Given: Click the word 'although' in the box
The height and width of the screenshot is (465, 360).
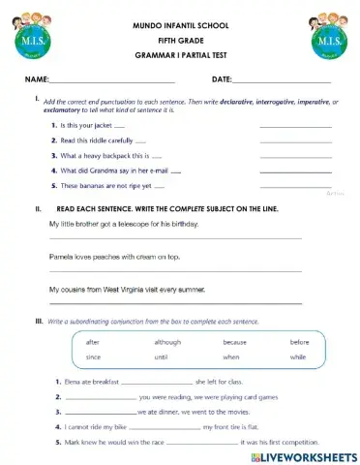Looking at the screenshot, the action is pos(167,342).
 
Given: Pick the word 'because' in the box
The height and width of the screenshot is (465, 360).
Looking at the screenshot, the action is pos(234,342).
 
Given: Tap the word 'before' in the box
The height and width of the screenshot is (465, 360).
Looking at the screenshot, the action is pos(299,342).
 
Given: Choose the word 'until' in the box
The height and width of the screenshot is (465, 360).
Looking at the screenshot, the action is pos(162,357).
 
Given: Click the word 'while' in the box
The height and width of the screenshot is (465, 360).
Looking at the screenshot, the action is pos(297,357).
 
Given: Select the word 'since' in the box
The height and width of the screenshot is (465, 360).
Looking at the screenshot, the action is pos(93,357).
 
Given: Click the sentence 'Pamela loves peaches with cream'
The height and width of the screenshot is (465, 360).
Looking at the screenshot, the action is pos(114,257).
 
